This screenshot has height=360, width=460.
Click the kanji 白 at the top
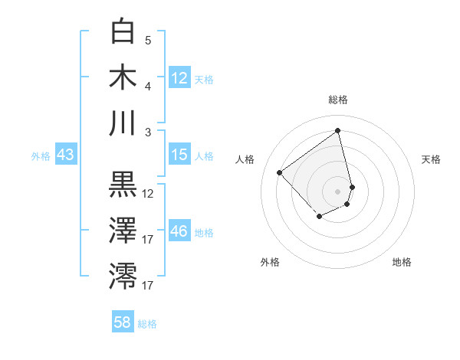123,32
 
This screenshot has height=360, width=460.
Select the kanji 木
123,77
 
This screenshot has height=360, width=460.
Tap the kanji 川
123,123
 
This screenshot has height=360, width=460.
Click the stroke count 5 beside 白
148,41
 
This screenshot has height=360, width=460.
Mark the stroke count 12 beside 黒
148,194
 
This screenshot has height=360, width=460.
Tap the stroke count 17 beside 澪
148,286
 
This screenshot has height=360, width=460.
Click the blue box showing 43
65,155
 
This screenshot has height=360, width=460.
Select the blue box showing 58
123,322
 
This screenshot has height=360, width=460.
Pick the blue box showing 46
179,231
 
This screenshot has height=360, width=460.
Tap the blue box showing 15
179,155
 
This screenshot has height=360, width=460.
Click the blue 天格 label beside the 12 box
204,79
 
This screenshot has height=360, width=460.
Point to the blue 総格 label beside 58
147,324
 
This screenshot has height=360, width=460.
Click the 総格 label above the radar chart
337,100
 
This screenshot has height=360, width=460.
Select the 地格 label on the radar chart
402,262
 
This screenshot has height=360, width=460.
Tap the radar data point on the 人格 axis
280,173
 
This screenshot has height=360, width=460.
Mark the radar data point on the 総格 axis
337,131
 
